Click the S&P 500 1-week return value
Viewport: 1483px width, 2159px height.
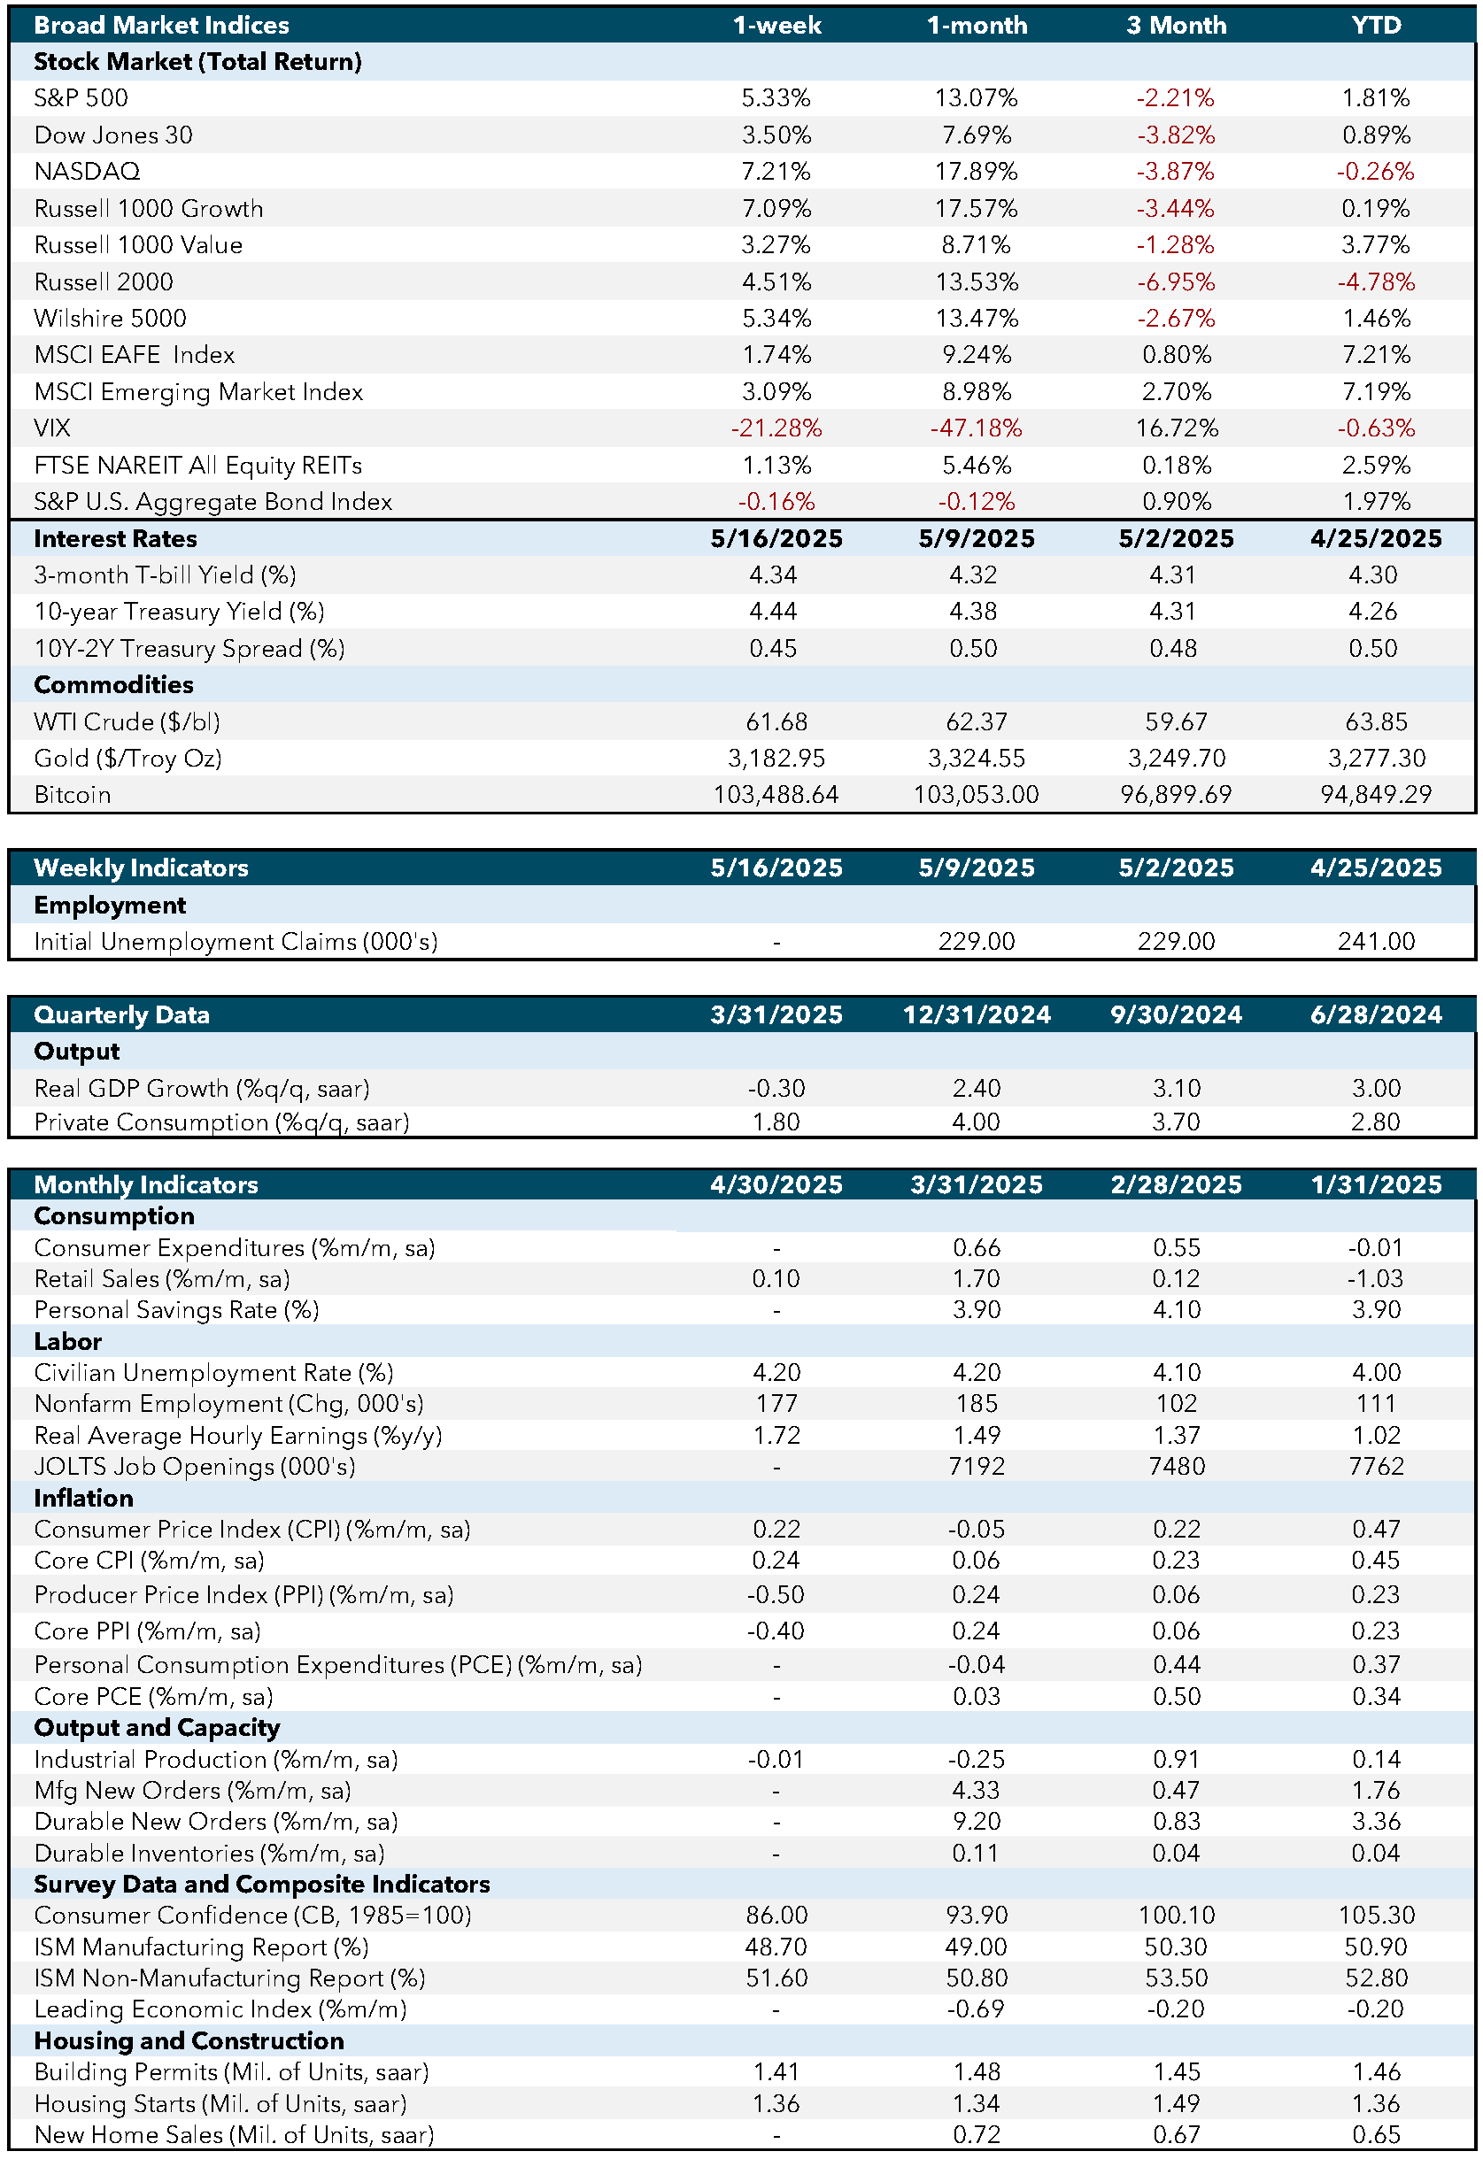(776, 97)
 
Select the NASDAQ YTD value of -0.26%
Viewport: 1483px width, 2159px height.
(1375, 171)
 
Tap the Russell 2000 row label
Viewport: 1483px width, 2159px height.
(103, 281)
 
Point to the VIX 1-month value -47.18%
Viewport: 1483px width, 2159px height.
(976, 428)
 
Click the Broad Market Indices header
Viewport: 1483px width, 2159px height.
(161, 25)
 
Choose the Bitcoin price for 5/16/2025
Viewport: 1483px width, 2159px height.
(776, 795)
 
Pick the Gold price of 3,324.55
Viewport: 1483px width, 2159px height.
(976, 758)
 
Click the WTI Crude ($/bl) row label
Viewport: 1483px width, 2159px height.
(127, 721)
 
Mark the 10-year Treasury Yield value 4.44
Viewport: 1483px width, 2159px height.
(773, 612)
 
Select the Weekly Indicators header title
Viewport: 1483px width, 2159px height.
(142, 867)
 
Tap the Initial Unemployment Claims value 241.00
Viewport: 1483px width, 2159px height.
(1376, 941)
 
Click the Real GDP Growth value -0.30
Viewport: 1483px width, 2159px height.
(776, 1088)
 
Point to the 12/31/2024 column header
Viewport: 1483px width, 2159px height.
(977, 1014)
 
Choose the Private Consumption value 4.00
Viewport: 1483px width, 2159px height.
(976, 1122)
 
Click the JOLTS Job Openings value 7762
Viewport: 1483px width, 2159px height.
(1376, 1466)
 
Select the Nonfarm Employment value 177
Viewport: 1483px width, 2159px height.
(776, 1404)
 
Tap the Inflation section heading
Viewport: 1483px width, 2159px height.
(83, 1498)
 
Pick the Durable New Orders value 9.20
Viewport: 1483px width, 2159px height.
(976, 1821)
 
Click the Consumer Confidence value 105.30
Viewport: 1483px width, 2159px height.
(1376, 1915)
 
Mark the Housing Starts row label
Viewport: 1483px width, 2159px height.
(220, 2103)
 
